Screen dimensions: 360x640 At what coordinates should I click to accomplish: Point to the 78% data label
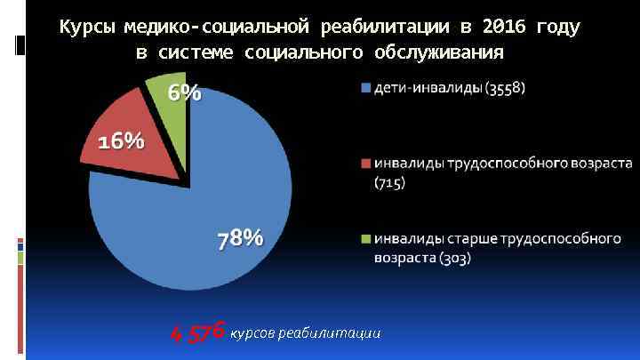(x=240, y=238)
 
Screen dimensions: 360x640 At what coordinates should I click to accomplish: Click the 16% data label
(x=121, y=141)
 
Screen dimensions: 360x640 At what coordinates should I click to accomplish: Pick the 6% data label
(x=185, y=92)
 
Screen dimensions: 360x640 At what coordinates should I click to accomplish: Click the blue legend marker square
(x=365, y=88)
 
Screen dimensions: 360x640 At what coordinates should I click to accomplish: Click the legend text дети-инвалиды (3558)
(x=449, y=88)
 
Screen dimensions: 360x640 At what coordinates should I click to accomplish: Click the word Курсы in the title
(x=84, y=28)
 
